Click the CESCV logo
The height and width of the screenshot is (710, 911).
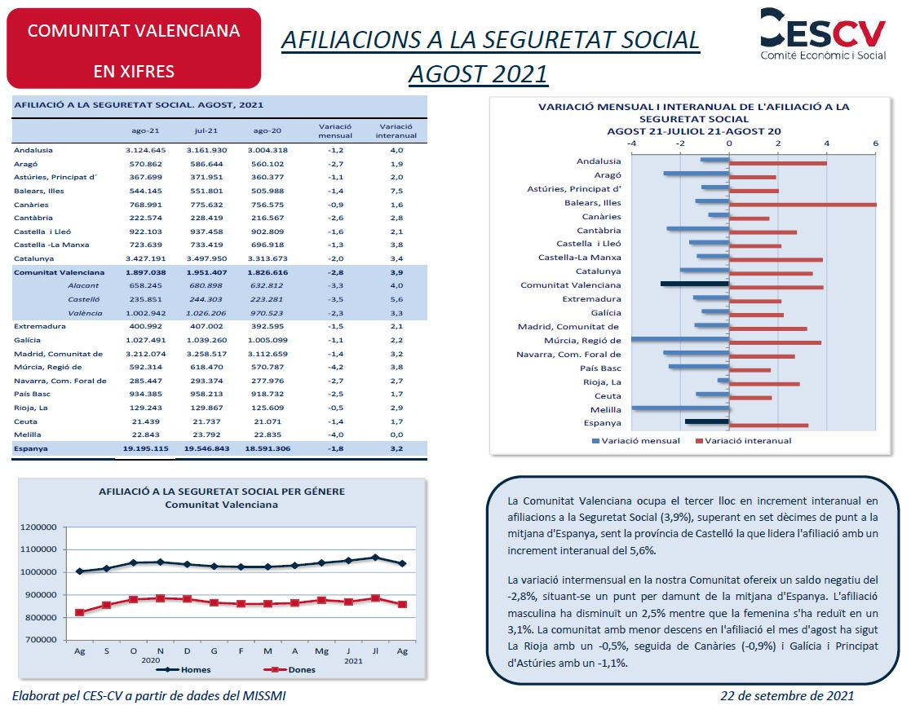pyautogui.click(x=823, y=33)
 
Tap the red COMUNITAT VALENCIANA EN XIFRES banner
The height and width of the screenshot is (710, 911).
pyautogui.click(x=134, y=48)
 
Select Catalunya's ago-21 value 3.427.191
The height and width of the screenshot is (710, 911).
pyautogui.click(x=146, y=259)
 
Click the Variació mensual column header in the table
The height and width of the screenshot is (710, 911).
pyautogui.click(x=335, y=130)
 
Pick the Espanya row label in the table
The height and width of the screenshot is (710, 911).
pyautogui.click(x=31, y=449)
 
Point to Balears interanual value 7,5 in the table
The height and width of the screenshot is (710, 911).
pyautogui.click(x=397, y=191)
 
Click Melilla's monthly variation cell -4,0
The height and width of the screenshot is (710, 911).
pyautogui.click(x=336, y=434)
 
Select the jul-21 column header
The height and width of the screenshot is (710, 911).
pyautogui.click(x=206, y=130)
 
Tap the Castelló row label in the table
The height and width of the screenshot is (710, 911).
pyautogui.click(x=84, y=299)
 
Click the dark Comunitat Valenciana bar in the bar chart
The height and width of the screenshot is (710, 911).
pyautogui.click(x=694, y=284)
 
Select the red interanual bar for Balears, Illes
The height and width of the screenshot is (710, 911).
pyautogui.click(x=803, y=205)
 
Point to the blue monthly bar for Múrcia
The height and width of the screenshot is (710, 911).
pyautogui.click(x=679, y=339)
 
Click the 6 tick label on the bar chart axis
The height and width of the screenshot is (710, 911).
pyautogui.click(x=876, y=143)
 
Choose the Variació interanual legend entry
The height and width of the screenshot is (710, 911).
pyautogui.click(x=744, y=441)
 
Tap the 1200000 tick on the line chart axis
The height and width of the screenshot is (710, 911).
pyautogui.click(x=38, y=527)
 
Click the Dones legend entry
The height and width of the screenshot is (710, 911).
pyautogui.click(x=290, y=670)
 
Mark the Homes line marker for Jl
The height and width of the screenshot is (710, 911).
pyautogui.click(x=375, y=558)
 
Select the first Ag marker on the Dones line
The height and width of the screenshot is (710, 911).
pyautogui.click(x=80, y=612)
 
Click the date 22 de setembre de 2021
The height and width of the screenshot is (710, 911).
pyautogui.click(x=787, y=695)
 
